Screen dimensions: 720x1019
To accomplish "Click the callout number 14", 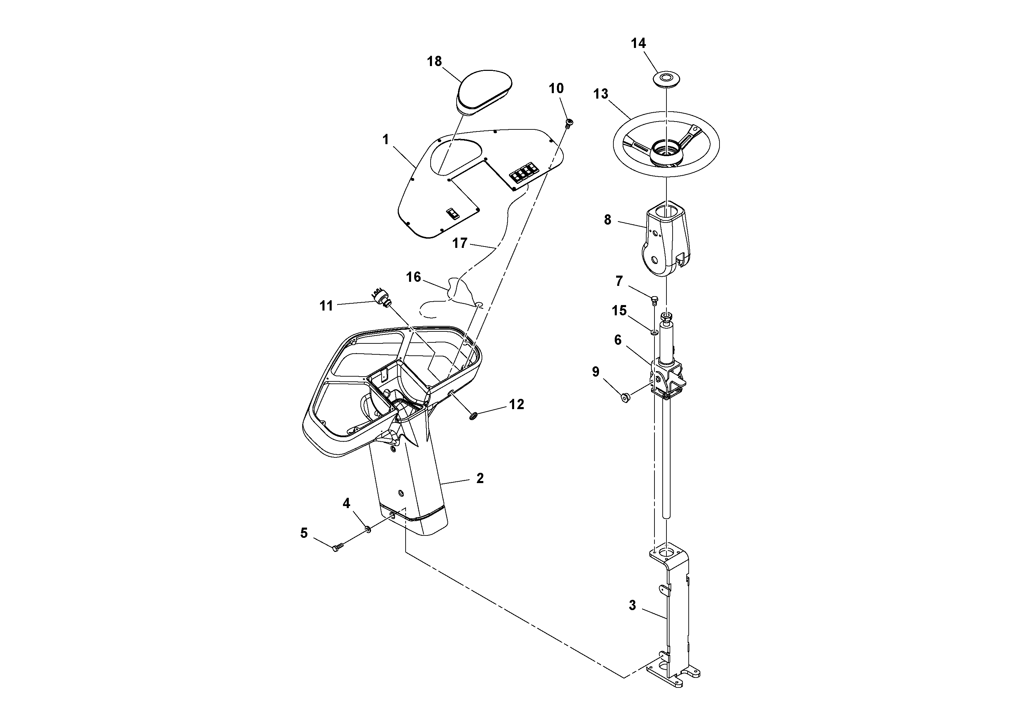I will pyautogui.click(x=638, y=43).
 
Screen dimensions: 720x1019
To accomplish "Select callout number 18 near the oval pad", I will pyautogui.click(x=434, y=61).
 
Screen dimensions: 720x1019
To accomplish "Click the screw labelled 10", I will pyautogui.click(x=569, y=123).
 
